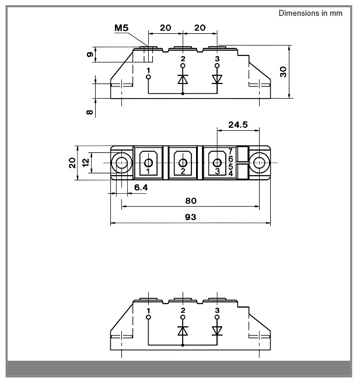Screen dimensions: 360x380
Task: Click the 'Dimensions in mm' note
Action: tap(310, 13)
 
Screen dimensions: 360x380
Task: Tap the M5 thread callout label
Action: tap(121, 28)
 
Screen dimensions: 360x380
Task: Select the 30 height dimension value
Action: tap(283, 72)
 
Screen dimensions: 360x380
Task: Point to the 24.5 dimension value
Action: tap(238, 124)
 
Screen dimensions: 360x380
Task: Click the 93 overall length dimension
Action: tap(191, 217)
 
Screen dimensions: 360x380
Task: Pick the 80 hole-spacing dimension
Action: tap(191, 201)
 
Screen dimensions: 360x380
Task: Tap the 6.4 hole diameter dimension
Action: tap(141, 187)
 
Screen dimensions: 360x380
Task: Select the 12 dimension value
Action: tap(86, 162)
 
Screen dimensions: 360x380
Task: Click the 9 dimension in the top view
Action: tap(90, 54)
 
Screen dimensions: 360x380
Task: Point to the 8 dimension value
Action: tap(90, 112)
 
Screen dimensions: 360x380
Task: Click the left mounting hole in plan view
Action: tap(121, 163)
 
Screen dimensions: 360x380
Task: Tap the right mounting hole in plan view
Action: tap(259, 163)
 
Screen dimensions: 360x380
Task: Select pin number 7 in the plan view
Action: tap(230, 151)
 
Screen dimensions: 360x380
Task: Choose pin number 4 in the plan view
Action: tap(230, 173)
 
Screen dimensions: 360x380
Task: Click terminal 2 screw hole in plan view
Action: tap(183, 163)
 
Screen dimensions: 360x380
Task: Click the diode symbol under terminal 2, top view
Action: tap(183, 79)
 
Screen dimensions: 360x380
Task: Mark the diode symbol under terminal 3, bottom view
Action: tap(217, 331)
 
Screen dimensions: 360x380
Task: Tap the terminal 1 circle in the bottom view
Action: tap(149, 317)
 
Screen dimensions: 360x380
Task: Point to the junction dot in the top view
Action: tap(183, 93)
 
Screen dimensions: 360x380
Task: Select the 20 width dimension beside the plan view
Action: tap(72, 163)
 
